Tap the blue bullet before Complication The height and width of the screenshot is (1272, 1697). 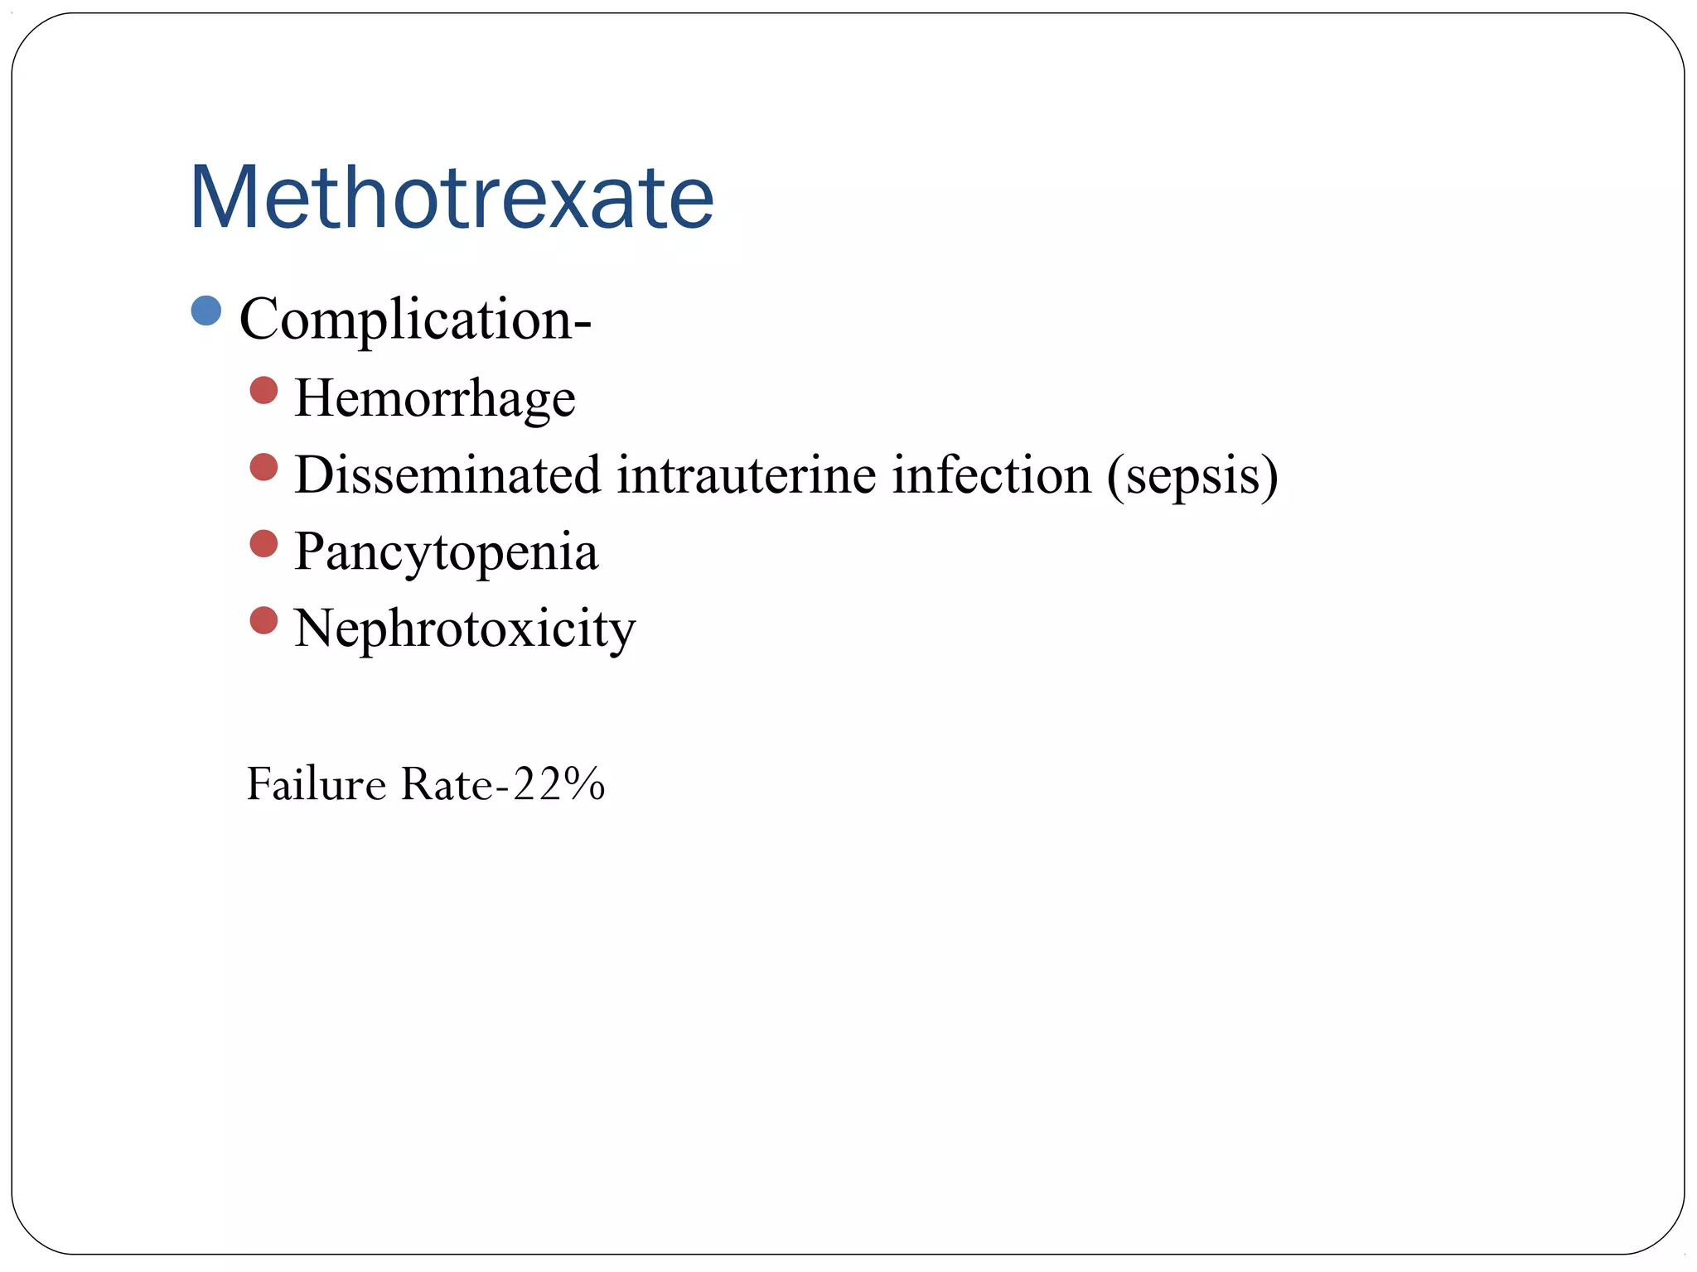206,311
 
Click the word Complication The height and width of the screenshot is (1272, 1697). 406,320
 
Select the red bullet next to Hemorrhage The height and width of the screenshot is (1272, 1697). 263,390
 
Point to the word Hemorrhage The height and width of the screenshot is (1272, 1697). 434,399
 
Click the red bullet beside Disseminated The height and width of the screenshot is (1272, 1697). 263,467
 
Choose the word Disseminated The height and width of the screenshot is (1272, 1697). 447,475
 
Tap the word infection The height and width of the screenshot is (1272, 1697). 991,475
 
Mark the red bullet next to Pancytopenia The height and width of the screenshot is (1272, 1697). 263,544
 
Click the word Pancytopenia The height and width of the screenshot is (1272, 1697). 446,553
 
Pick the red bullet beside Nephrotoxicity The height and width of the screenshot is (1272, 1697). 263,620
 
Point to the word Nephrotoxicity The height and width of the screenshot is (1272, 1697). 464,629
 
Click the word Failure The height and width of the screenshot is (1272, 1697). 317,783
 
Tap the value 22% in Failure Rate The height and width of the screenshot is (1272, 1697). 559,783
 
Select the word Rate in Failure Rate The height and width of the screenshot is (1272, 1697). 447,783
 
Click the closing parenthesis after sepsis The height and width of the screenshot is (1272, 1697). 1268,477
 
